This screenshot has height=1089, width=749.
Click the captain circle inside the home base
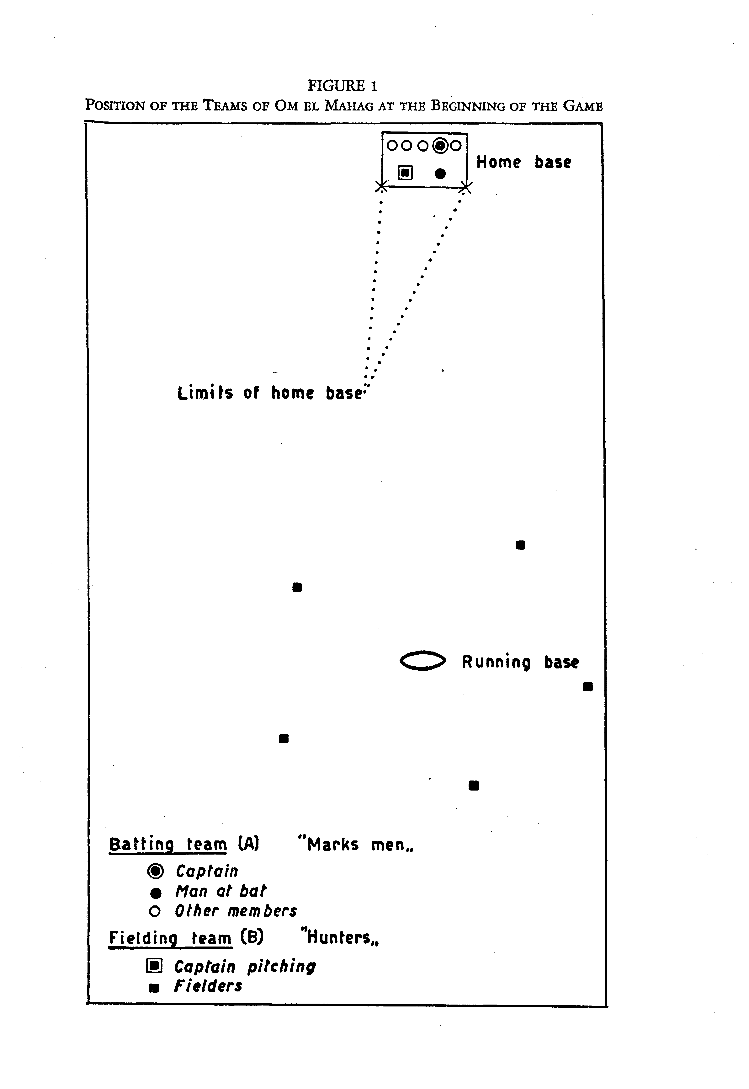(x=440, y=146)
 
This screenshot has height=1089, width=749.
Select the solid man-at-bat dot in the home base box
(x=440, y=174)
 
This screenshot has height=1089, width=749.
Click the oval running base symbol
(x=422, y=661)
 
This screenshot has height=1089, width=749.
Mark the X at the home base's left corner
(x=382, y=187)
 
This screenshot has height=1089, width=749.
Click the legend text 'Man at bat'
(x=220, y=891)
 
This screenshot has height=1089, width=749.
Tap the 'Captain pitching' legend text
(x=245, y=967)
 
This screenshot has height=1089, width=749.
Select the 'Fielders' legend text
(x=208, y=986)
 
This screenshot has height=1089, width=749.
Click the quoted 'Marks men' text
(x=356, y=845)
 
